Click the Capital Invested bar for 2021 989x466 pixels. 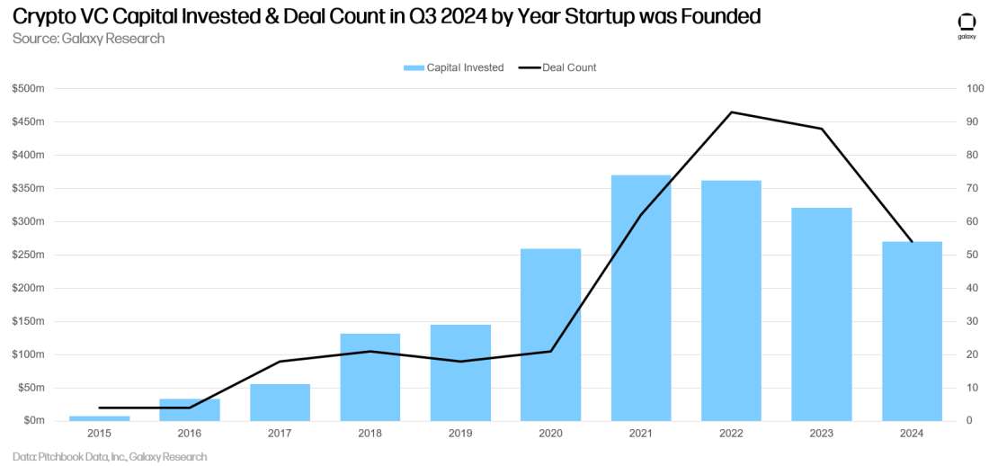(x=641, y=298)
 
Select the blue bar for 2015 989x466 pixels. (x=100, y=417)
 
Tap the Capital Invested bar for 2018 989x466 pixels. (x=370, y=377)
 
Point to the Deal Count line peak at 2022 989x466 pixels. (x=732, y=112)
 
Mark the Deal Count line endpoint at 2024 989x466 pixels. (x=912, y=241)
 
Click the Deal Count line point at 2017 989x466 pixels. (x=281, y=362)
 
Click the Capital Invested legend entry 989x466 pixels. (x=453, y=67)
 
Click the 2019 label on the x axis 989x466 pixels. (x=460, y=434)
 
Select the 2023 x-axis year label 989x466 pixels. (x=822, y=434)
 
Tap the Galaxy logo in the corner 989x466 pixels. (x=966, y=24)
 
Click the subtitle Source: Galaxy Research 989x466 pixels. (x=89, y=39)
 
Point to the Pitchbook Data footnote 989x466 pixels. (x=110, y=457)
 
